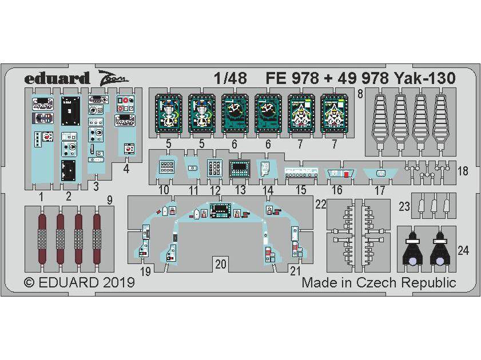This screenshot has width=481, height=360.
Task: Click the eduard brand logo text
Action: click(x=57, y=78)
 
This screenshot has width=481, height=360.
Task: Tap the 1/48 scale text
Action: click(x=232, y=79)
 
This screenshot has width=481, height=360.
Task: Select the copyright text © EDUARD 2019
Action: click(x=79, y=282)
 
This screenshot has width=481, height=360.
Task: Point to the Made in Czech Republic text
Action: click(x=379, y=282)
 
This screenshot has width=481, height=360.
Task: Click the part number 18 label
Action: click(x=463, y=171)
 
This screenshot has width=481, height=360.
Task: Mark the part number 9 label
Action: click(x=109, y=200)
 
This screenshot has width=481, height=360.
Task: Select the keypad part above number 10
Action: click(x=165, y=168)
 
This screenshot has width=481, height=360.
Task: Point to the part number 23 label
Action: click(x=404, y=207)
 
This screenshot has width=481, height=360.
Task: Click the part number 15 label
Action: click(x=300, y=190)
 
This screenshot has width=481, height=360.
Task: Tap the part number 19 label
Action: click(x=145, y=272)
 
